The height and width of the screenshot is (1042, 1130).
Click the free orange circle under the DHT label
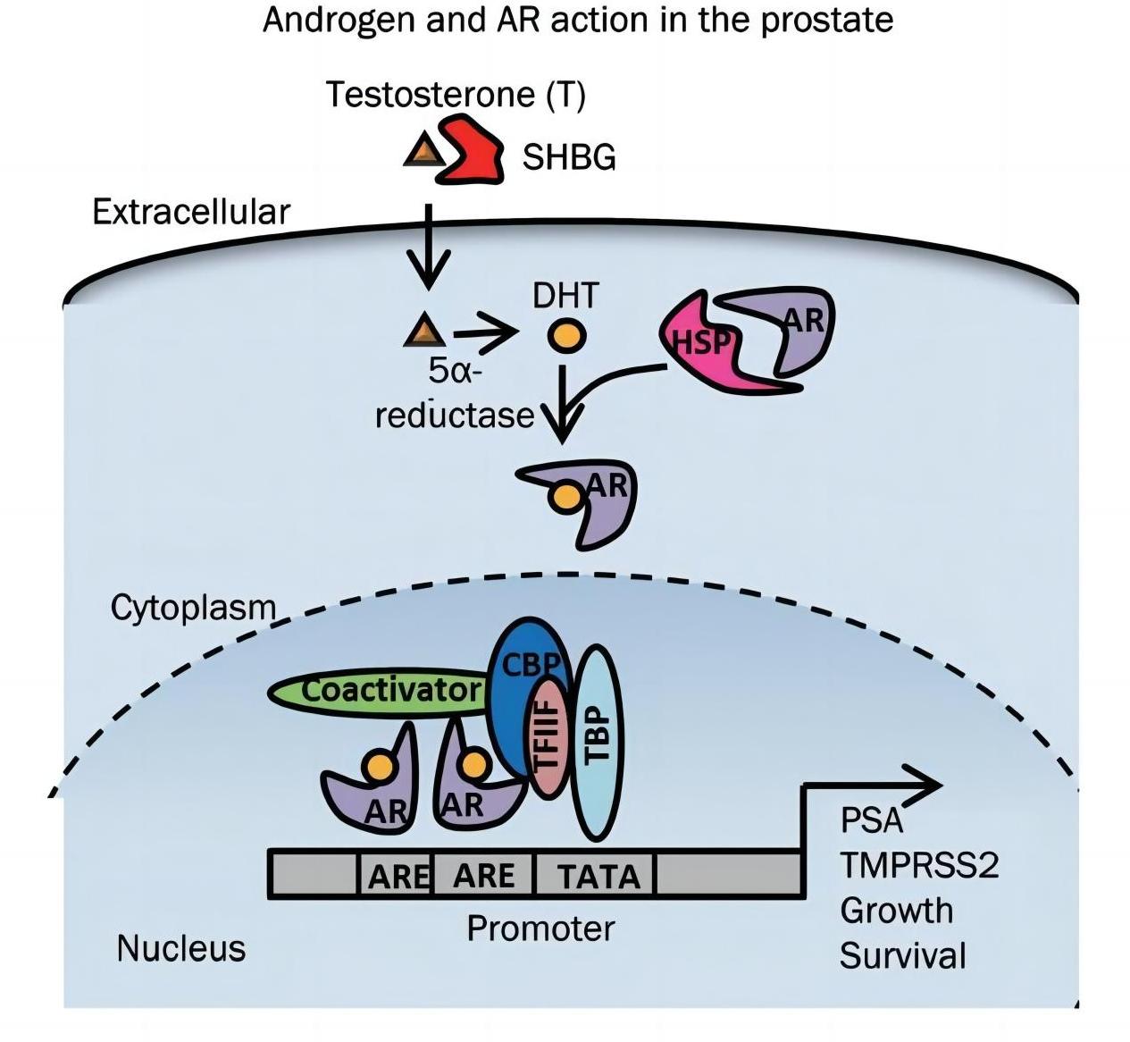[566, 337]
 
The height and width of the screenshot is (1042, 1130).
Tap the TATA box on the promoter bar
[598, 875]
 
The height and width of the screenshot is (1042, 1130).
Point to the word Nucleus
[180, 948]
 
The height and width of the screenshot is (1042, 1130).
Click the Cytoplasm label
[193, 608]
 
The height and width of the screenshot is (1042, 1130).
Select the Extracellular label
[191, 212]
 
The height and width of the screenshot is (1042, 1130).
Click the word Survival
[902, 955]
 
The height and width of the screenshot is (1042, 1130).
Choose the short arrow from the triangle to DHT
[485, 335]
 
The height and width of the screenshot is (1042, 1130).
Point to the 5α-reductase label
[454, 394]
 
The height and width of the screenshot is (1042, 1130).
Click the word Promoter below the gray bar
[540, 929]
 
